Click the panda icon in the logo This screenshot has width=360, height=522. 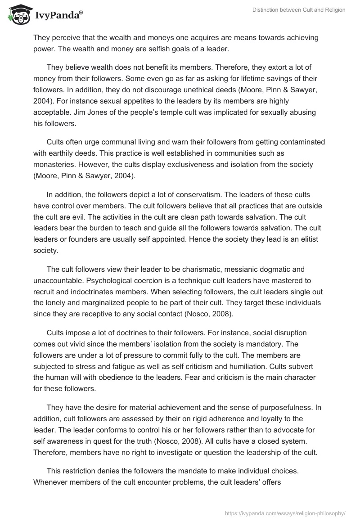[17, 15]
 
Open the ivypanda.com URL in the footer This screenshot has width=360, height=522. [285, 512]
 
